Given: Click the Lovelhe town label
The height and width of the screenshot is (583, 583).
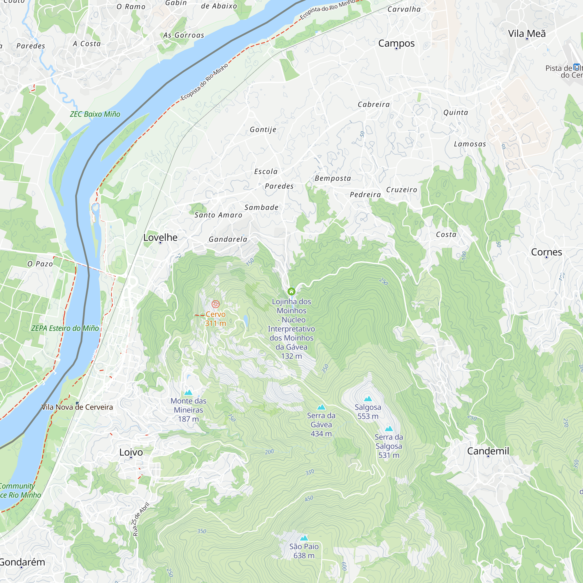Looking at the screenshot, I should coord(160,238).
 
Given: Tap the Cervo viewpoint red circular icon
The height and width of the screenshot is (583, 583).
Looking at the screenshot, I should coord(215,304).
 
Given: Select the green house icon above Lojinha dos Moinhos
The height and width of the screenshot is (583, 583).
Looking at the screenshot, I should coord(291,291).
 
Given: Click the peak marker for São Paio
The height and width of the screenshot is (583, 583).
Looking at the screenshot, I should coord(304,538).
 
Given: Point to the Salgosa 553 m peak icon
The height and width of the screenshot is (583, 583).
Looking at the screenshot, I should coord(368,398).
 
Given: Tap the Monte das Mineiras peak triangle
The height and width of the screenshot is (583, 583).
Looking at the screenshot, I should coord(188,392).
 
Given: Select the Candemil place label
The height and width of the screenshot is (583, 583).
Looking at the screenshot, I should coord(488,451).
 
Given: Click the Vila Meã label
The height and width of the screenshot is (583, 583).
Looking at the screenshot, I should coord(526,34).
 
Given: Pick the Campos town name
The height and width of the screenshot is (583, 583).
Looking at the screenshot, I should coord(396,43).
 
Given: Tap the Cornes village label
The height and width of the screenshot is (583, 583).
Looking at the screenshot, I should coord(546,252).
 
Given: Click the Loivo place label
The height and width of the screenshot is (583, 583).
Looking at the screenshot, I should coord(131,452).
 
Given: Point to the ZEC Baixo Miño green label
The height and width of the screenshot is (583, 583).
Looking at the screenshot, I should coord(95,114).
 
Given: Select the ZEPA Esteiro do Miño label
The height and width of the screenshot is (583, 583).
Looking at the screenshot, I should coord(65,328).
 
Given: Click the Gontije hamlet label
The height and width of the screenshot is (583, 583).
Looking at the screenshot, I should coord(263,129).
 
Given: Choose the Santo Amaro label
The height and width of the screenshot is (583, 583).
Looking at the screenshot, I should coord(218,215).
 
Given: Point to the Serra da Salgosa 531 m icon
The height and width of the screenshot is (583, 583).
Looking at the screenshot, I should coord(389,429).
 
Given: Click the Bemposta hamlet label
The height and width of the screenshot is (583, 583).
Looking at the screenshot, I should coord(333,178).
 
